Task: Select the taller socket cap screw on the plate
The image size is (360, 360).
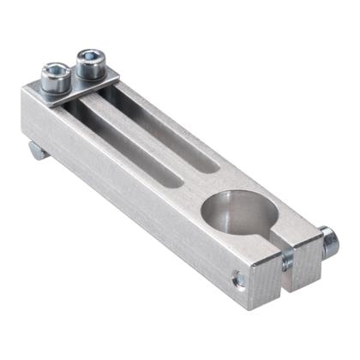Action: pyautogui.click(x=89, y=65)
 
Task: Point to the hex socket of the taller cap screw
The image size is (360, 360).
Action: pyautogui.click(x=89, y=57)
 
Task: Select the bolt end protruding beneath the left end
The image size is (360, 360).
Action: pyautogui.click(x=36, y=152)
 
